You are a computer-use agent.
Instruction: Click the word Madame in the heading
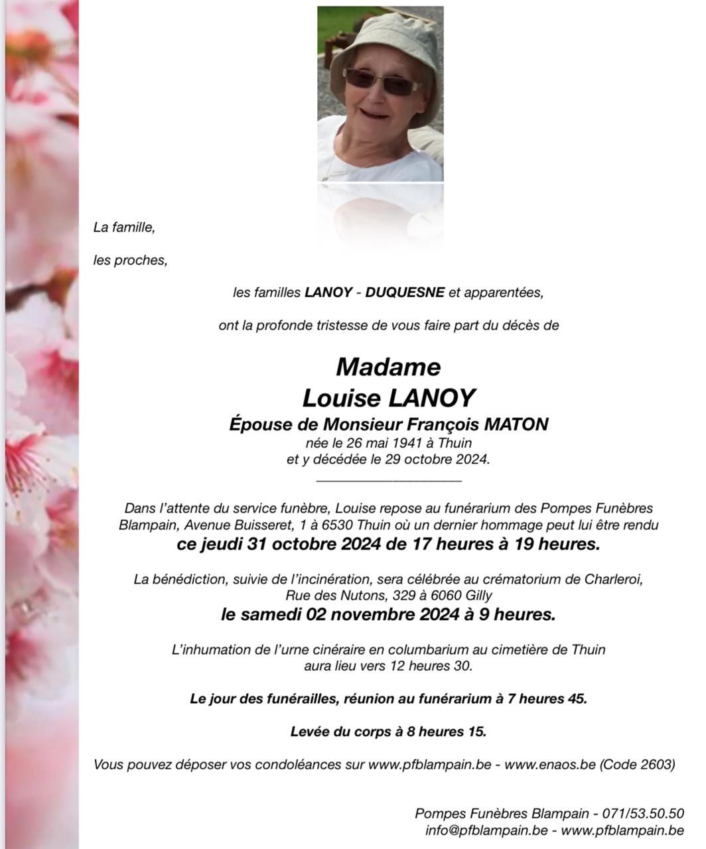pos(388,366)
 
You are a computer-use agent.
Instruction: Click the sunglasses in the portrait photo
pos(380,82)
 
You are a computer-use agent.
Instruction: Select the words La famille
pos(124,228)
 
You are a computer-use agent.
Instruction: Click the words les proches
pos(130,261)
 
